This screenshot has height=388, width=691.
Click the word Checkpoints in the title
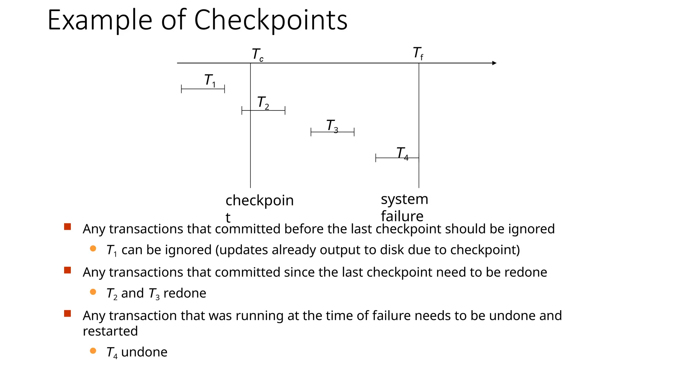pos(271,20)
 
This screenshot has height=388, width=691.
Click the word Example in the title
pos(100,20)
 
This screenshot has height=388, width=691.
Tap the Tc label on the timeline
pos(257,55)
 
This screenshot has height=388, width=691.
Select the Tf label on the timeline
pos(418,54)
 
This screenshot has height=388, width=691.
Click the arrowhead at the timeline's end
pos(494,63)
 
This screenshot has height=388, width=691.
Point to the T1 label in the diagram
pos(210,80)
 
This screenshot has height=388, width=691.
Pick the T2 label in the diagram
pos(263,102)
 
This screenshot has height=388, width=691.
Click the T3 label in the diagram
pos(332,126)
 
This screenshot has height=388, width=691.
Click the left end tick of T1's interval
pos(182,89)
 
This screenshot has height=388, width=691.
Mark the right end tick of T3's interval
pos(354,132)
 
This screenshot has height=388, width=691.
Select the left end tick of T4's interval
pos(376,158)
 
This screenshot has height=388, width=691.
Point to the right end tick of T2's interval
pos(285,110)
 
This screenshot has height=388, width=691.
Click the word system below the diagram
pos(404,199)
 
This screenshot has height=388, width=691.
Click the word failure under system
pos(402,216)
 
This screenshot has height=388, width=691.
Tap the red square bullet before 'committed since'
pos(67,270)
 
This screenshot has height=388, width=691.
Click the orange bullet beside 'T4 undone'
pos(93,351)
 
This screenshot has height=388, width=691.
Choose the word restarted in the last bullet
pos(110,331)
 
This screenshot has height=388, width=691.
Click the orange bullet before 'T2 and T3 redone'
pos(93,292)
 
